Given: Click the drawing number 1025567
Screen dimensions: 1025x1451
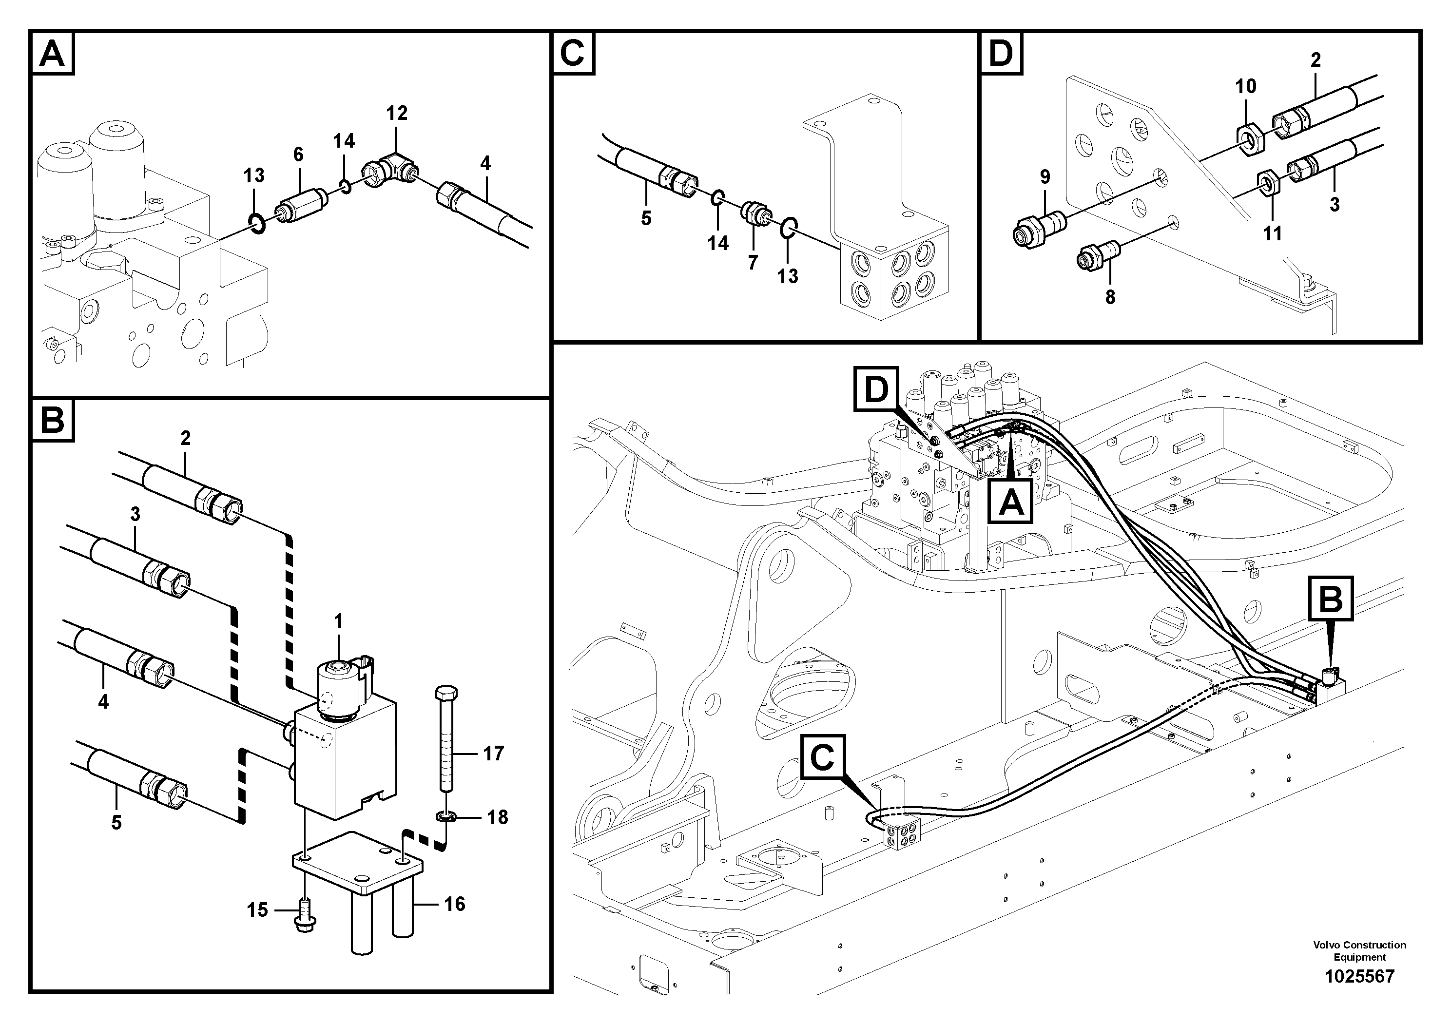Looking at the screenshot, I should pos(1359,976).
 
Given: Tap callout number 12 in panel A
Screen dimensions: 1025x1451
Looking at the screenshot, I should pos(397,114).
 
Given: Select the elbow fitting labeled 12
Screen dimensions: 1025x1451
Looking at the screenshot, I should pos(389,171).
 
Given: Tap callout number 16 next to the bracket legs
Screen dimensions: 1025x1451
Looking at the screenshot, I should pos(454,904).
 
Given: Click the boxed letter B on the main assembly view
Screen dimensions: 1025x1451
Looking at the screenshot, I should pos(1331,599).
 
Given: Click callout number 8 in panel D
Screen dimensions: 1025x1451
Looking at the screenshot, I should pos(1110,296).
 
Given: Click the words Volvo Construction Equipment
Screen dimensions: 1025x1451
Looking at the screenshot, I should pos(1359,950).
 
